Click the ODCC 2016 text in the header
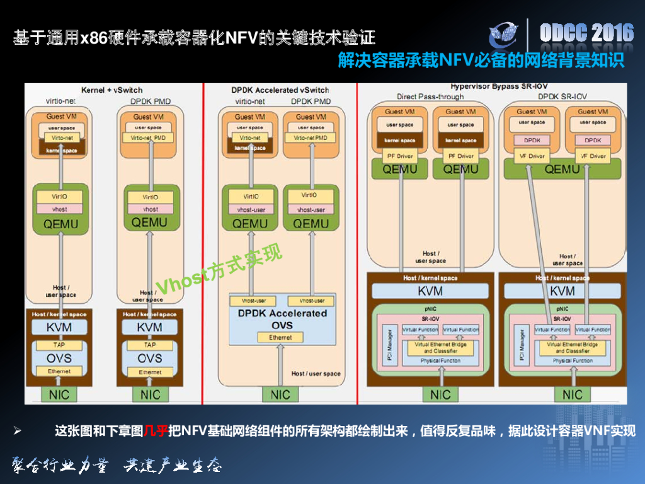click(x=586, y=33)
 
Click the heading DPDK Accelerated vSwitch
click(x=280, y=90)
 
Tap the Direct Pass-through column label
click(x=430, y=97)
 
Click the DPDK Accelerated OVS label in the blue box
click(x=282, y=319)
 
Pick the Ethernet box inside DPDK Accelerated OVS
click(x=280, y=338)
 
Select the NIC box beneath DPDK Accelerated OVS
click(x=280, y=395)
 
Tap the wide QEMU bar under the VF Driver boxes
click(x=562, y=169)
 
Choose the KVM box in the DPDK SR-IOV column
click(x=562, y=291)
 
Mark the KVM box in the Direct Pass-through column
click(x=430, y=291)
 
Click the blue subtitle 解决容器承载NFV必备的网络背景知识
click(x=481, y=60)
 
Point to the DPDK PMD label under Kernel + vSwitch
click(x=151, y=101)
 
